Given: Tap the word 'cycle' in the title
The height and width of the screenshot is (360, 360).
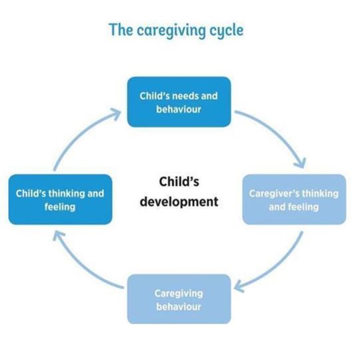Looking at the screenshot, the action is coord(227,31).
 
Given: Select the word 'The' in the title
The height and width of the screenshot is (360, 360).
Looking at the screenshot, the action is coord(121,29).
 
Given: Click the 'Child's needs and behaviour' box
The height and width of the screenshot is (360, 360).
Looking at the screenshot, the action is coord(179,102).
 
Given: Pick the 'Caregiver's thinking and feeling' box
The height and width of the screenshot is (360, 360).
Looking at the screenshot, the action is coord(295,199).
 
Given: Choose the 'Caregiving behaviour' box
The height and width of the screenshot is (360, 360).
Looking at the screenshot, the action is coord(179,299).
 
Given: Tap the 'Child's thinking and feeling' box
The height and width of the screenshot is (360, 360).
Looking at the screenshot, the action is coord(61,199).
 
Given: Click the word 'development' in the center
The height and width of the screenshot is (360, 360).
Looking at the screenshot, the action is coord(179,202).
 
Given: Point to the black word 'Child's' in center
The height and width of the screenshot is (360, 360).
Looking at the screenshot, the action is coord(179,181).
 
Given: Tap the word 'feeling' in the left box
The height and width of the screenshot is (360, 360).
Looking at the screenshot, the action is coord(60,207).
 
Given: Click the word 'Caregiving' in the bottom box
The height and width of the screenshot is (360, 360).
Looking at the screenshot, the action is coord(179,294).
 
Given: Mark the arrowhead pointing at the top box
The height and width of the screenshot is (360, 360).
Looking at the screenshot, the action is coord(116,113).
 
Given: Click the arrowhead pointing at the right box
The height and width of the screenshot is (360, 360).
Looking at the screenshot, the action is coord(300,163).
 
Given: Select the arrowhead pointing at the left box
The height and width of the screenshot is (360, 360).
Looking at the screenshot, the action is coord(59,236).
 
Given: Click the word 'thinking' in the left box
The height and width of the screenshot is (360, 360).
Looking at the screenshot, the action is coord(67,194).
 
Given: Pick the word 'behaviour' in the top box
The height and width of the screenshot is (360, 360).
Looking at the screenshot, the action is coord(179,109).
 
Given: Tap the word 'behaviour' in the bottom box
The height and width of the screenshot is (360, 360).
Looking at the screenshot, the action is coord(179,307).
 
